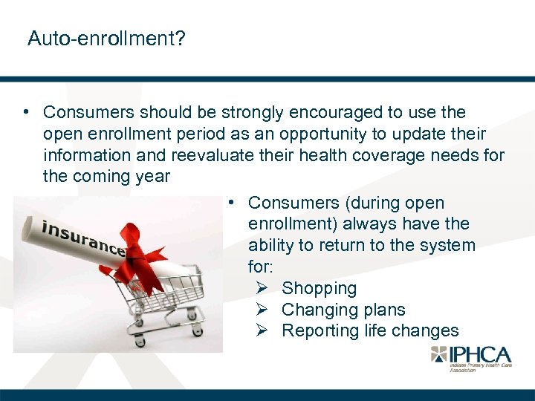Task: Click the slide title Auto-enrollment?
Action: (106, 38)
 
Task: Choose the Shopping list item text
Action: (320, 288)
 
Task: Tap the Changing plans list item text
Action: (343, 310)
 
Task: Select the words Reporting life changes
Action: (370, 331)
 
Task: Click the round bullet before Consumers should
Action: (26, 113)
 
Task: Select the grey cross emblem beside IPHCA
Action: (441, 355)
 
